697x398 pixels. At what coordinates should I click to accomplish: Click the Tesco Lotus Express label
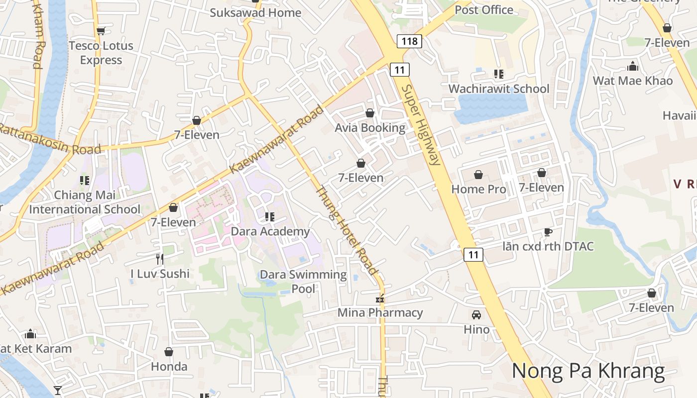(101, 53)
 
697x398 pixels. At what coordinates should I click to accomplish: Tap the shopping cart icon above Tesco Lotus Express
(101, 31)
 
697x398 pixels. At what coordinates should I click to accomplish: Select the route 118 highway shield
(409, 41)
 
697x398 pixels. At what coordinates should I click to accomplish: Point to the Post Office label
(484, 10)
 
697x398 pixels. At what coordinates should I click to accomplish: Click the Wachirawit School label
(499, 89)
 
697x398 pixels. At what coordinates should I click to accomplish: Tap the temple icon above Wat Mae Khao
(633, 66)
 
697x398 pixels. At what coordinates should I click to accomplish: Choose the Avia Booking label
(370, 128)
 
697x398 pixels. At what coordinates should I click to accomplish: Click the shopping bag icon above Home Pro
(478, 175)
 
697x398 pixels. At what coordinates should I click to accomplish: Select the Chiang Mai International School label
(85, 202)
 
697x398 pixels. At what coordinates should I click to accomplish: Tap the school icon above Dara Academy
(270, 216)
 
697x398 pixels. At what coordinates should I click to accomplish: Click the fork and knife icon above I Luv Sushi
(160, 259)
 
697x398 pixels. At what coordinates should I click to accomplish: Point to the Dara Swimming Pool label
(303, 281)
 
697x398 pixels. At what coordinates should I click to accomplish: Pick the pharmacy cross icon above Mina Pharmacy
(380, 298)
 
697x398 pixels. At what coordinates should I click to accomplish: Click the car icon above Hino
(476, 314)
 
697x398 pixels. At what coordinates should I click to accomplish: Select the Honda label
(169, 367)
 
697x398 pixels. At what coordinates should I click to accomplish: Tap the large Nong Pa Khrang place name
(588, 371)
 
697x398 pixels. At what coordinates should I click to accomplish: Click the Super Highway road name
(421, 124)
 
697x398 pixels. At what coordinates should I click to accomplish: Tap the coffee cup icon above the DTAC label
(548, 232)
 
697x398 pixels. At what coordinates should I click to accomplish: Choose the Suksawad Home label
(255, 12)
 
